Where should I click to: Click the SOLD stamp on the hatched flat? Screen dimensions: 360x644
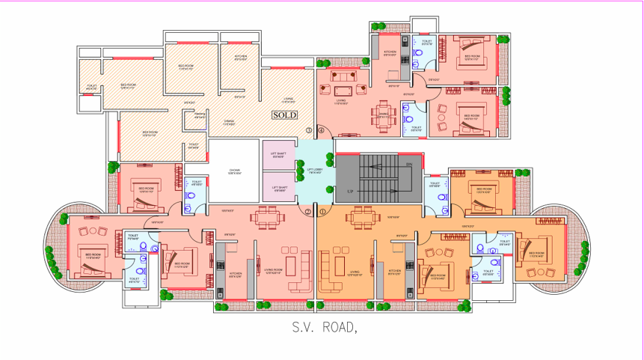pos(284,115)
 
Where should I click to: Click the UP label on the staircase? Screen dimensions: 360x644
pos(349,192)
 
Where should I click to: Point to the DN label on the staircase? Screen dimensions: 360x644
pos(408,164)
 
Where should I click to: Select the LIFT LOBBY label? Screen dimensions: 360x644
pos(315,171)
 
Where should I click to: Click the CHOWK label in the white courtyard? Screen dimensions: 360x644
pos(234,171)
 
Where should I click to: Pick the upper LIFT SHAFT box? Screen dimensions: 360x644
pos(279,155)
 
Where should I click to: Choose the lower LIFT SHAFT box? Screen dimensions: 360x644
pos(279,188)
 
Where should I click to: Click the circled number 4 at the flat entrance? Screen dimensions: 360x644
pos(322,130)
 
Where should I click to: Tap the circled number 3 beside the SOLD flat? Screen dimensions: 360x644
pos(309,130)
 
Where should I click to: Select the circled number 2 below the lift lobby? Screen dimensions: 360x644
pos(309,212)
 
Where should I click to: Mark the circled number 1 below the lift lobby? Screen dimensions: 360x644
pos(322,212)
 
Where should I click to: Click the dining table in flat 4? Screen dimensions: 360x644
pos(383,114)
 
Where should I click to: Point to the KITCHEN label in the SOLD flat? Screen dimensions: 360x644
pos(240,58)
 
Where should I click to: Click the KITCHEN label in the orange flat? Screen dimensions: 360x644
pos(394,271)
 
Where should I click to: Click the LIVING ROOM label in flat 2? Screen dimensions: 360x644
pos(274,271)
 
